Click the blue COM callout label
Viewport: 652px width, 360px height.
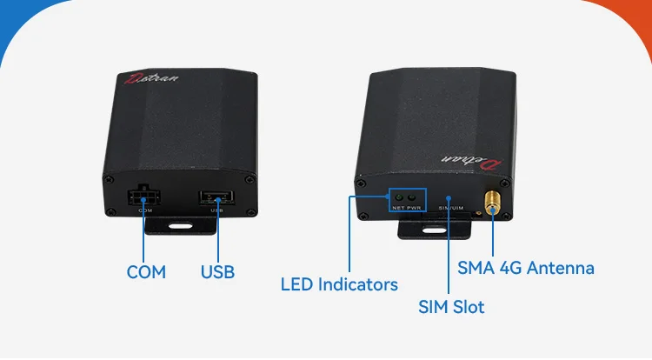pos(146,271)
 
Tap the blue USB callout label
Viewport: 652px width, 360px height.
pos(218,271)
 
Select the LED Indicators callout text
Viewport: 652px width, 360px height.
pos(339,284)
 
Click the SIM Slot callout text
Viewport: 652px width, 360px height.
pos(451,307)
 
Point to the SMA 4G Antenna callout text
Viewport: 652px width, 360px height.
pos(527,268)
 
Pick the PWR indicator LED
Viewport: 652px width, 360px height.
pos(412,197)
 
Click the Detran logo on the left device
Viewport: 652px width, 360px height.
pos(151,79)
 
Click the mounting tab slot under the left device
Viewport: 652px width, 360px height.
pos(182,226)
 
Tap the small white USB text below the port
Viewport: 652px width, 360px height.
pos(216,211)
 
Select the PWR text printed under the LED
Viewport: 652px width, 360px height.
pos(414,209)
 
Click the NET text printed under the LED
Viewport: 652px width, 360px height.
pos(397,209)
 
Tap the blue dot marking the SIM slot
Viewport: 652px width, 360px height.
pos(449,198)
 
